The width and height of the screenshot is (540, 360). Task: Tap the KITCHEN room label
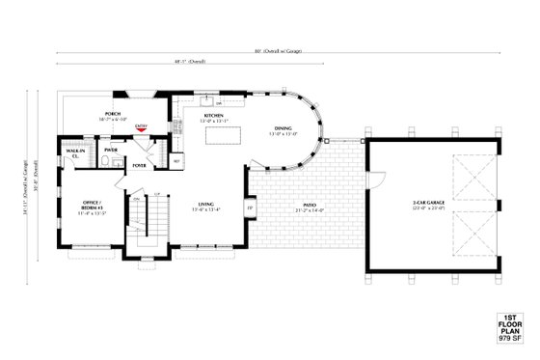(x=213, y=116)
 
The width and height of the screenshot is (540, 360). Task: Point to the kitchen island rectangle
(x=223, y=134)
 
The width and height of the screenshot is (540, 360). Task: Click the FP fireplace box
(x=250, y=208)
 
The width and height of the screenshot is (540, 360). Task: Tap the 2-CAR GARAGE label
(x=427, y=202)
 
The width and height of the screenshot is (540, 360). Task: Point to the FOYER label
(x=140, y=165)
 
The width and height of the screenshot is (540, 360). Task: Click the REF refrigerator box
(x=176, y=161)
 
